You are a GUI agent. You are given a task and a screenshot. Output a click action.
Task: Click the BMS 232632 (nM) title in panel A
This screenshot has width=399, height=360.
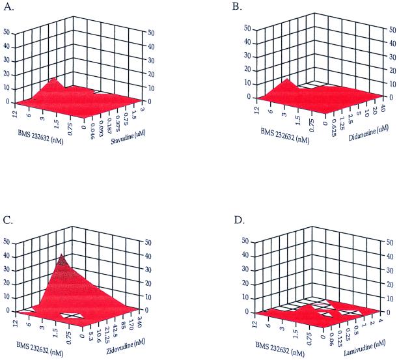click(x=43, y=138)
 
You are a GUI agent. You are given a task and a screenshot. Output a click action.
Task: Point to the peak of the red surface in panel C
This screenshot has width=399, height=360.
click(x=62, y=255)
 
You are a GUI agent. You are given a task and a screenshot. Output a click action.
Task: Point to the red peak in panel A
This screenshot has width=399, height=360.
click(x=55, y=79)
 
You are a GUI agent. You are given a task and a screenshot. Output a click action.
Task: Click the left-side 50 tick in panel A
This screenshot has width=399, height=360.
click(x=7, y=31)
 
